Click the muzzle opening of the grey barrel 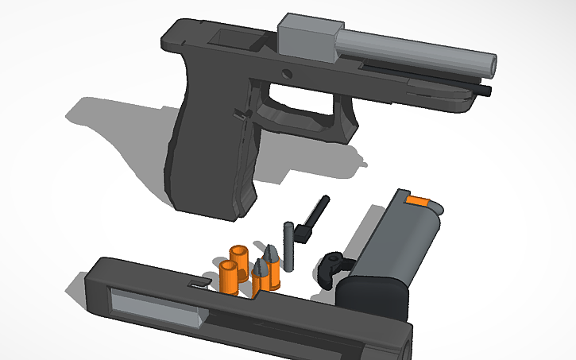[492, 64]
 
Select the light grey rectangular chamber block [305, 37]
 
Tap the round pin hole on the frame [286, 72]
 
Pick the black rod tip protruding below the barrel [486, 92]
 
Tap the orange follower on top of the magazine [417, 202]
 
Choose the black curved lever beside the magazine [334, 265]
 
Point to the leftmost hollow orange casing [229, 274]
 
